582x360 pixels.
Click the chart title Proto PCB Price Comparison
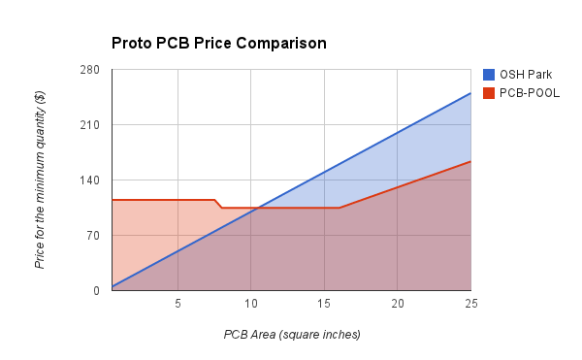[x=218, y=44]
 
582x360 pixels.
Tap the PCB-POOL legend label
[x=530, y=93]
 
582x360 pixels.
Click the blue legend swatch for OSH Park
[x=489, y=75]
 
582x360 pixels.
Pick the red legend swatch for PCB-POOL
[x=489, y=93]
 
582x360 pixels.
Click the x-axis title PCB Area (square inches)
[x=292, y=335]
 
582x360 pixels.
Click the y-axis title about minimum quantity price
[x=40, y=180]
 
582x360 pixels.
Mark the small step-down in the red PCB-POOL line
[x=219, y=204]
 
